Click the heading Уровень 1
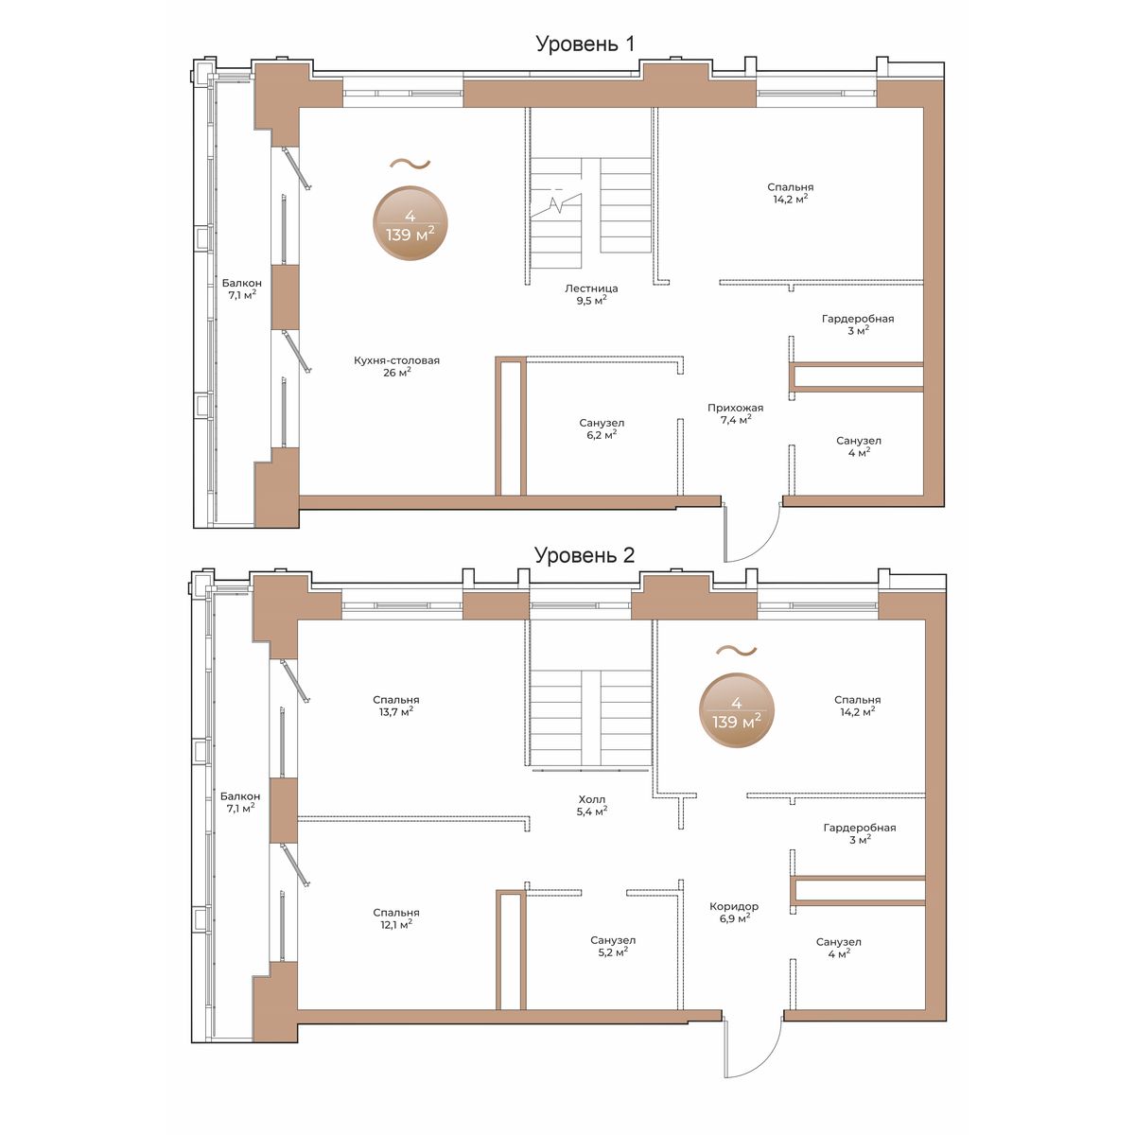coord(585,44)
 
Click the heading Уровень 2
coord(585,555)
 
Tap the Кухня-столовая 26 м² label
coord(396,366)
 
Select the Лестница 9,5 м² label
coord(591,294)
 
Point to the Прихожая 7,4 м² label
coord(735,413)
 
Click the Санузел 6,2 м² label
coord(602,428)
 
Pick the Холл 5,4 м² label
coord(591,805)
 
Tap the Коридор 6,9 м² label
coord(734,912)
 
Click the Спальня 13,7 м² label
coord(395,706)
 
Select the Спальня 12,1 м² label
coord(395,918)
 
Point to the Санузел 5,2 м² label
coord(613,946)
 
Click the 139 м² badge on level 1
coord(410,223)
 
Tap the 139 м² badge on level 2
coord(736,710)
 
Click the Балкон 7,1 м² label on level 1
coord(241,289)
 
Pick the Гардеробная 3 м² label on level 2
coord(860,833)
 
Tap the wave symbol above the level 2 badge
coord(736,650)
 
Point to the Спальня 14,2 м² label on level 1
coord(790,193)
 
